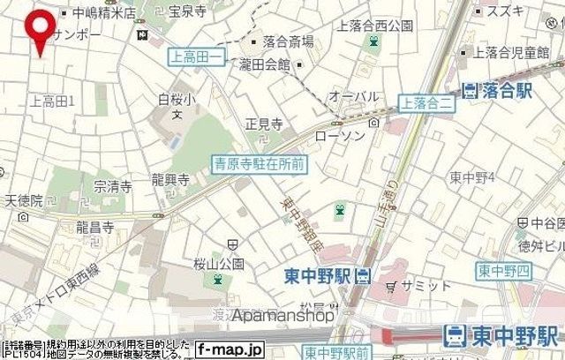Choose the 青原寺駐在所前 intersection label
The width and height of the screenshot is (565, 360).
260,163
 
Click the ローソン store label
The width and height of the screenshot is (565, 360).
334,138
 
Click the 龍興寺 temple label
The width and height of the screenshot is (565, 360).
170,180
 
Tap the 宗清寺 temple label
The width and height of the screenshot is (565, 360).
113,186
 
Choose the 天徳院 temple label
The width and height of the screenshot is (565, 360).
23,201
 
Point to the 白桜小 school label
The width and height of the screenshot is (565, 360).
176,98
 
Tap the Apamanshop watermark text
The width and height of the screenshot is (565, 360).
283,315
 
